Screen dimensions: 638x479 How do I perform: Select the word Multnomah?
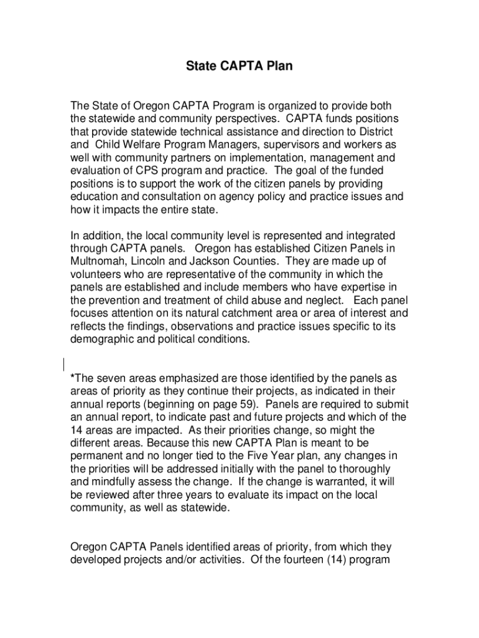pos(96,261)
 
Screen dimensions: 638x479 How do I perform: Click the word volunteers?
pos(97,274)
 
